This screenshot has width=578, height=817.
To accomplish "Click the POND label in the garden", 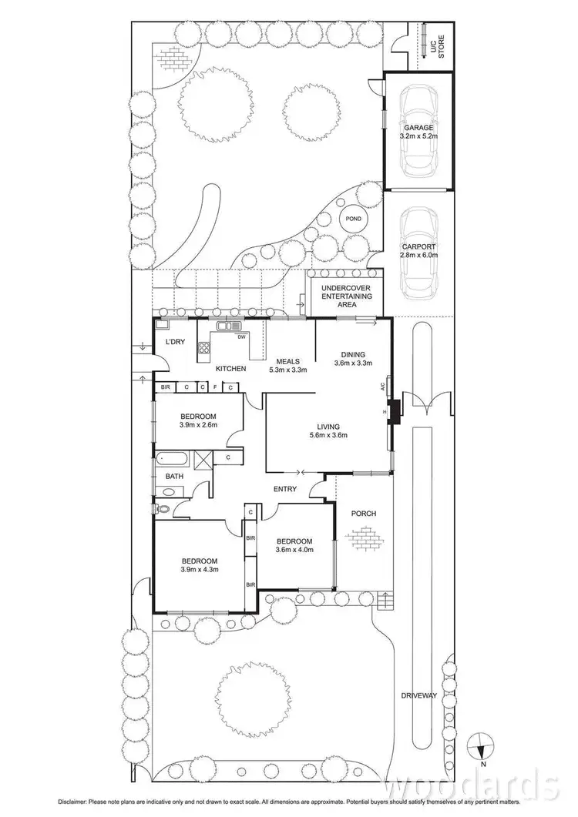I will pyautogui.click(x=353, y=219).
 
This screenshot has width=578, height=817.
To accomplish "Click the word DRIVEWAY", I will pyautogui.click(x=419, y=695).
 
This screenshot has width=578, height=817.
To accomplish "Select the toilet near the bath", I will pyautogui.click(x=163, y=508).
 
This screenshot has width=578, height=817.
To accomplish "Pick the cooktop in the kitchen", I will pyautogui.click(x=204, y=350).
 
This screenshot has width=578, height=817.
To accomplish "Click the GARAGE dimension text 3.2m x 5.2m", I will pyautogui.click(x=418, y=136).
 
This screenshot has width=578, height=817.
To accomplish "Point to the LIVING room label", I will pyautogui.click(x=328, y=427).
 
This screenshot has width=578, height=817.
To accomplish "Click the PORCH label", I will pyautogui.click(x=363, y=513).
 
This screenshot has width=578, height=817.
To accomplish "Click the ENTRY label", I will pyautogui.click(x=285, y=489).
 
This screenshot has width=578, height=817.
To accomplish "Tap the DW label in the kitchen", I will pyautogui.click(x=241, y=337).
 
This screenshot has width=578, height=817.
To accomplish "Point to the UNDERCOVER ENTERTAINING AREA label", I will pyautogui.click(x=346, y=296).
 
